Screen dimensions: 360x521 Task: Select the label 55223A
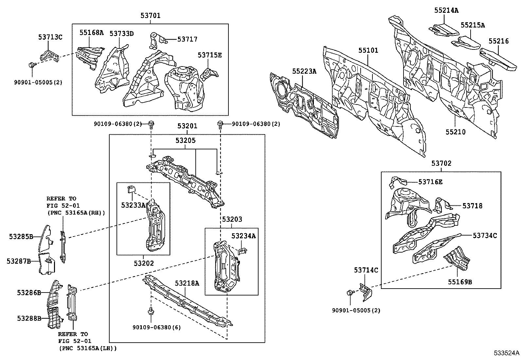coord(304,71)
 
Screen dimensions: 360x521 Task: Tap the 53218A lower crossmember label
coord(187,283)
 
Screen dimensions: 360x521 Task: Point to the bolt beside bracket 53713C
coord(31,65)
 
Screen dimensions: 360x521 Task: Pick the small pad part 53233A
coord(132,189)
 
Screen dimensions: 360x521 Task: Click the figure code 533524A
coord(507,353)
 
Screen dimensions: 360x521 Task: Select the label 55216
coord(499,41)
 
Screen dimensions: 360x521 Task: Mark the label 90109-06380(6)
coord(156,327)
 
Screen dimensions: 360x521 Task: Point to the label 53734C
coord(485,235)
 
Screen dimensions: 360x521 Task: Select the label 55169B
coord(459,281)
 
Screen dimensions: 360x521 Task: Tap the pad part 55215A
coord(466,43)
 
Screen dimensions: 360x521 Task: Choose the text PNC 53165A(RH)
coord(76,213)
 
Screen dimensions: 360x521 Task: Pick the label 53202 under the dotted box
coord(143,263)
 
